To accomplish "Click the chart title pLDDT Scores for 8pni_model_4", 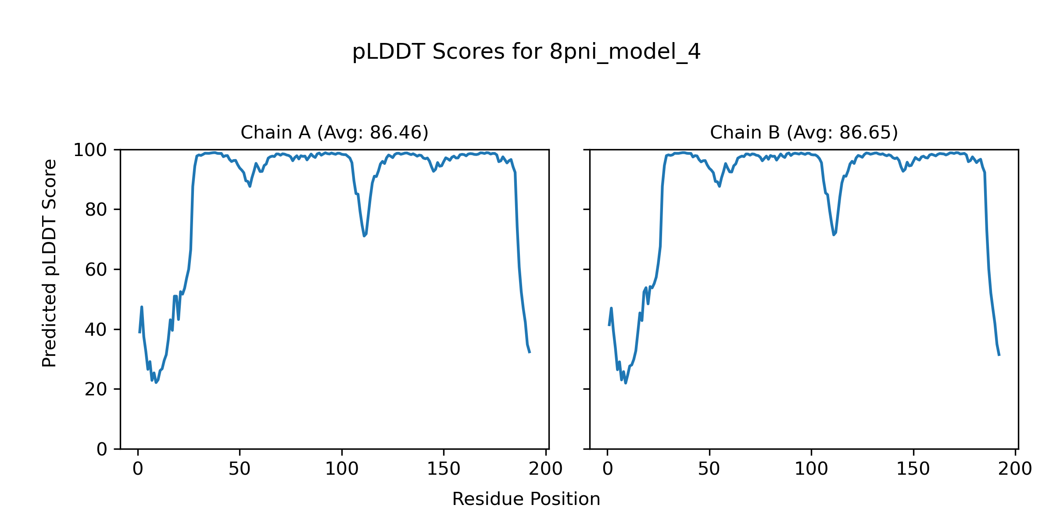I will pos(526,52).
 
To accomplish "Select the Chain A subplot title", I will pos(334,132).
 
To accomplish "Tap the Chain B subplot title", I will pos(804,132).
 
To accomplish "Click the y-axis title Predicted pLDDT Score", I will pos(50,263).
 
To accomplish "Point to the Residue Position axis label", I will pos(526,499).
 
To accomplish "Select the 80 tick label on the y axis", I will pos(96,210).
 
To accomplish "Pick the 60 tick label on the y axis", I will pos(96,270).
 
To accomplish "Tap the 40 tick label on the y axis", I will pos(96,330).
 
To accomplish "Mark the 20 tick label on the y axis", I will pos(96,389).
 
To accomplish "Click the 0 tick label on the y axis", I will pos(102,449).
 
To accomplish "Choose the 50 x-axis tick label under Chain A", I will pos(240,469).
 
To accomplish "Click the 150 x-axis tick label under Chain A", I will pos(444,469).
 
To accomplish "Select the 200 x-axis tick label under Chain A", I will pos(545,469).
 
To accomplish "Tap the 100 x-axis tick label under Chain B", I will pos(811,469).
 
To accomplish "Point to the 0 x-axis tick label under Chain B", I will pos(608,469).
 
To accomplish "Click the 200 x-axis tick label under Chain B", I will pos(1015,469).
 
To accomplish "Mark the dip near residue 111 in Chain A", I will pos(364,235).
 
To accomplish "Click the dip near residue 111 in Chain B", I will pos(834,235).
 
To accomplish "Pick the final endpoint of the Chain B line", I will pos(999,355).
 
